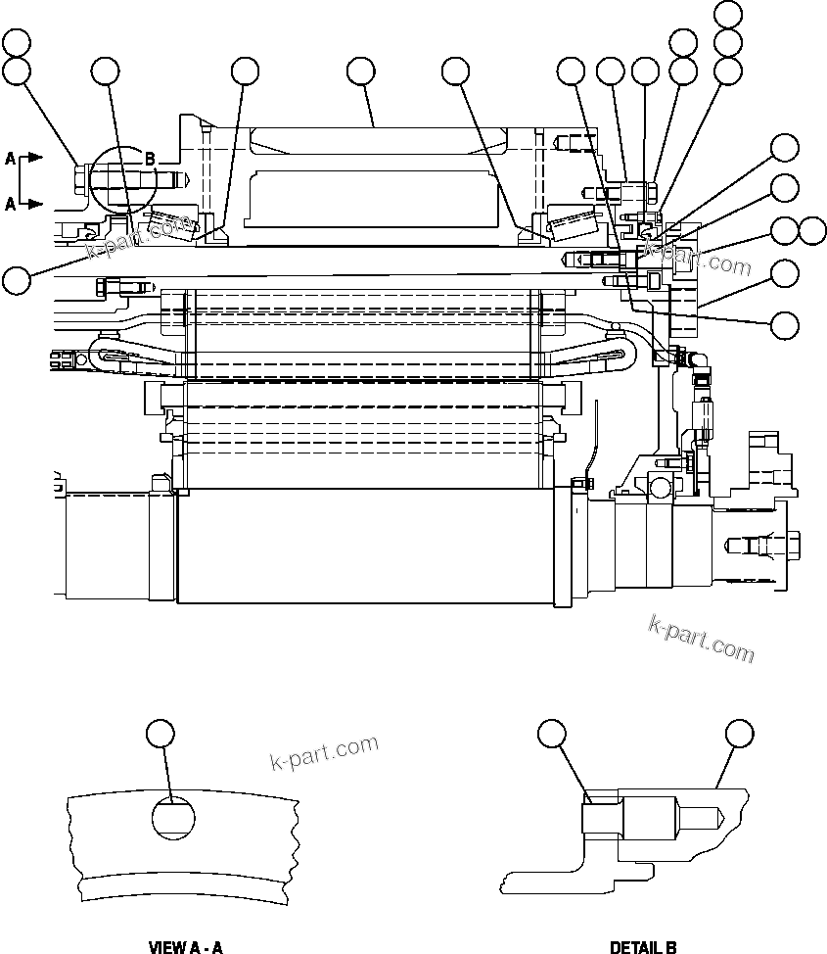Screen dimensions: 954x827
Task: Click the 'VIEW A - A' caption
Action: click(185, 946)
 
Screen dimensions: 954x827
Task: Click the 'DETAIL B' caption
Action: click(643, 946)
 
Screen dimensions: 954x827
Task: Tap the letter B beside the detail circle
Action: click(150, 158)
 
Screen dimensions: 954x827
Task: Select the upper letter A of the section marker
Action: click(10, 157)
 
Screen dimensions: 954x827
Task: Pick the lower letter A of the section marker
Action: click(10, 204)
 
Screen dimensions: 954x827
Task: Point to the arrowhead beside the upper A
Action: click(34, 157)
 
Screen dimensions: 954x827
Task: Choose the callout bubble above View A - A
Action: click(160, 733)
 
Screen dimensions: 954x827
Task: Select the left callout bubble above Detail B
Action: click(553, 733)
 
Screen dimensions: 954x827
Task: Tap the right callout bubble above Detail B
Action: click(739, 733)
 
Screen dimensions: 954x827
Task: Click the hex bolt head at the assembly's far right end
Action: click(791, 541)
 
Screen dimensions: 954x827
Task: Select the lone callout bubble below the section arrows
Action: click(15, 280)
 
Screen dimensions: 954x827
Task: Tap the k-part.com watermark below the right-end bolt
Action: click(701, 639)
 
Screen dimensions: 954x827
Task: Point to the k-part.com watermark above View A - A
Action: click(323, 751)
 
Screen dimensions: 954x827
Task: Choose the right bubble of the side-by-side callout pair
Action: click(812, 231)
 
